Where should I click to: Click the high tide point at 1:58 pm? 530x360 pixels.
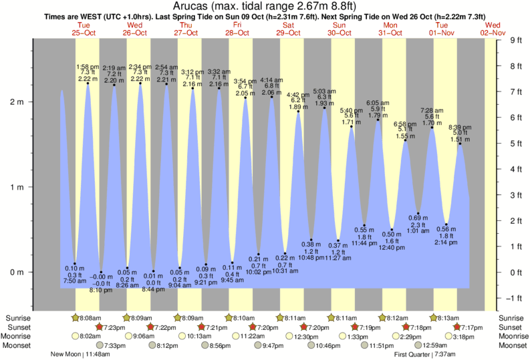(x=88, y=83)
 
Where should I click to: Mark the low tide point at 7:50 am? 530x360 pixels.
(x=75, y=264)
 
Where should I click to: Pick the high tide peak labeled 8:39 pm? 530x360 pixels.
(x=460, y=144)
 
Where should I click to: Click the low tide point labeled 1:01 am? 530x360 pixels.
(x=418, y=213)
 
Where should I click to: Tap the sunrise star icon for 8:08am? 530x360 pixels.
(x=76, y=318)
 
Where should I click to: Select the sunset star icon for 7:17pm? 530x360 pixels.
(x=457, y=327)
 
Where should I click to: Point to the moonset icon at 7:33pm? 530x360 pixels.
(x=100, y=346)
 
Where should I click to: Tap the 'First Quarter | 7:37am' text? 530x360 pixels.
(x=422, y=355)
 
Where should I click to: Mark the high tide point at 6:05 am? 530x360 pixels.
(x=378, y=120)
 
